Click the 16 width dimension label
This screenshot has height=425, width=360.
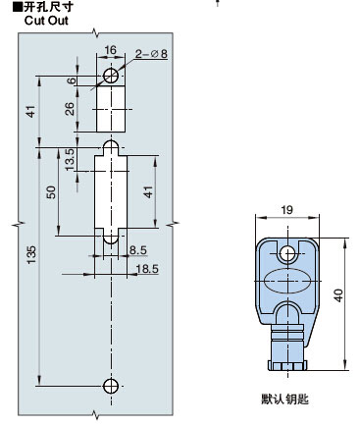(x=111, y=50)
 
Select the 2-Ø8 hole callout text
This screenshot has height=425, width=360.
(x=151, y=53)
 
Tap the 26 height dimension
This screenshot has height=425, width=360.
(x=70, y=109)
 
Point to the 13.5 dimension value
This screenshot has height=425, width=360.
(x=70, y=159)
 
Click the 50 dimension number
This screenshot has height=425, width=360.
(x=51, y=192)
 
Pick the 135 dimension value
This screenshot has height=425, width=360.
(x=31, y=255)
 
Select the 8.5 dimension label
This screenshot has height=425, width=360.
(x=138, y=250)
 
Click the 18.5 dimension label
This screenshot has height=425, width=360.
(x=147, y=269)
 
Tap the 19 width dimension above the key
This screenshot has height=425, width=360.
(x=286, y=210)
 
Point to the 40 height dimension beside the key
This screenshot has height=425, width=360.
(x=338, y=295)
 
